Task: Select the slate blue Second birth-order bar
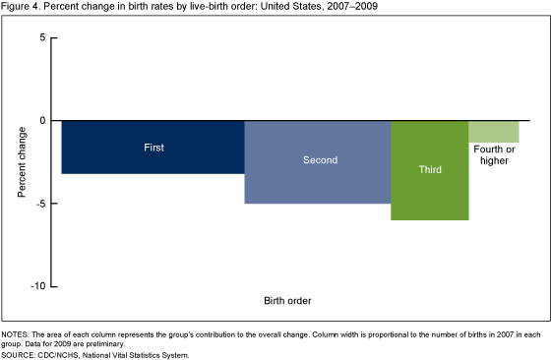click(x=317, y=177)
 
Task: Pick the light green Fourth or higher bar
click(x=493, y=132)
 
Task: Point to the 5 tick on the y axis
click(x=41, y=37)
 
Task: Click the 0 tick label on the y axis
click(x=41, y=120)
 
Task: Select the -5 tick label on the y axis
click(x=39, y=204)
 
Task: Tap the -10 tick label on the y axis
click(x=37, y=286)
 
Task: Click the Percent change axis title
click(x=21, y=161)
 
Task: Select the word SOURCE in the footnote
click(x=20, y=354)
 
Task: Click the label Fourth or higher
click(x=493, y=154)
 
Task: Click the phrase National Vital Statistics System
click(x=142, y=354)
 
